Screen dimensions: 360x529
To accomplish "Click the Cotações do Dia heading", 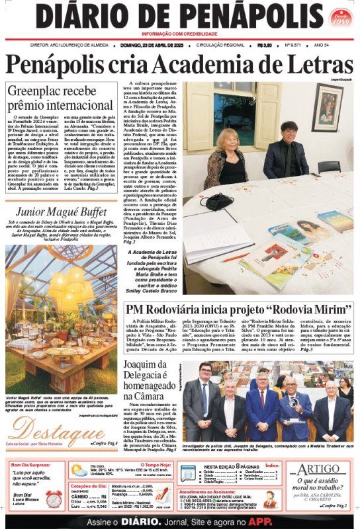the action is [x=89, y=486].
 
